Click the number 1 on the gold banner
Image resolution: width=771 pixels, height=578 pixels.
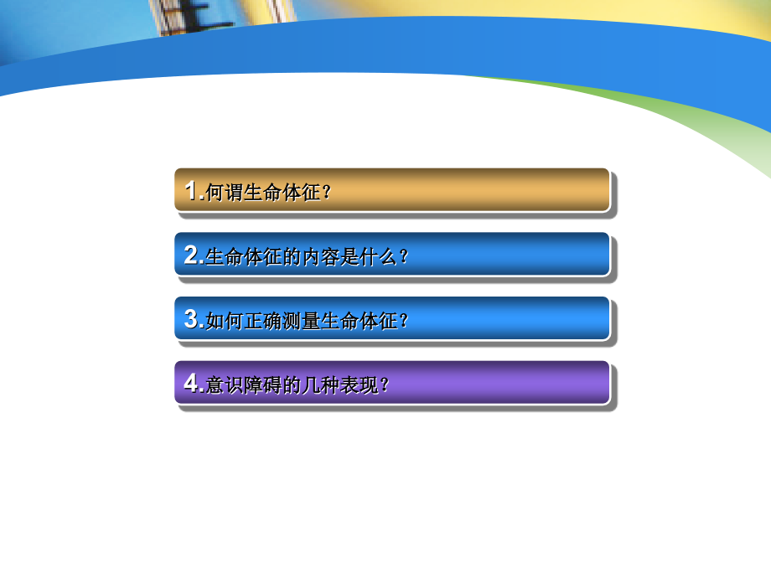(192, 191)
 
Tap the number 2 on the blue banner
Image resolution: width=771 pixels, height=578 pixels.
(192, 255)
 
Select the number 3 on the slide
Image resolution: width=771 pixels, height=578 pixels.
(192, 319)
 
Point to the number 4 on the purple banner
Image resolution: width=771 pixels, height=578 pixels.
(192, 384)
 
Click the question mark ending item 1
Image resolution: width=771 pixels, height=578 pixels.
(327, 193)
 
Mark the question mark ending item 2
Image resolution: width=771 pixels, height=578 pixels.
(404, 257)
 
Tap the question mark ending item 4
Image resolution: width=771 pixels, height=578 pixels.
(385, 385)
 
